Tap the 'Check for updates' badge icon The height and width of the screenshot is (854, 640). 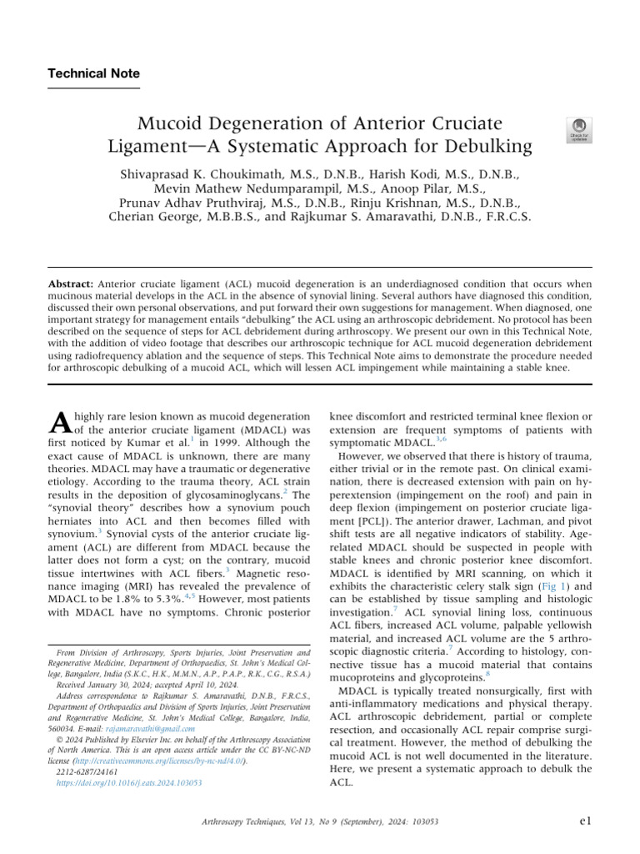pyautogui.click(x=578, y=129)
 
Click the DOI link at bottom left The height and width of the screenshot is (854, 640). pyautogui.click(x=129, y=784)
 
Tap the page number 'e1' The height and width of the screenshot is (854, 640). pyautogui.click(x=585, y=821)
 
